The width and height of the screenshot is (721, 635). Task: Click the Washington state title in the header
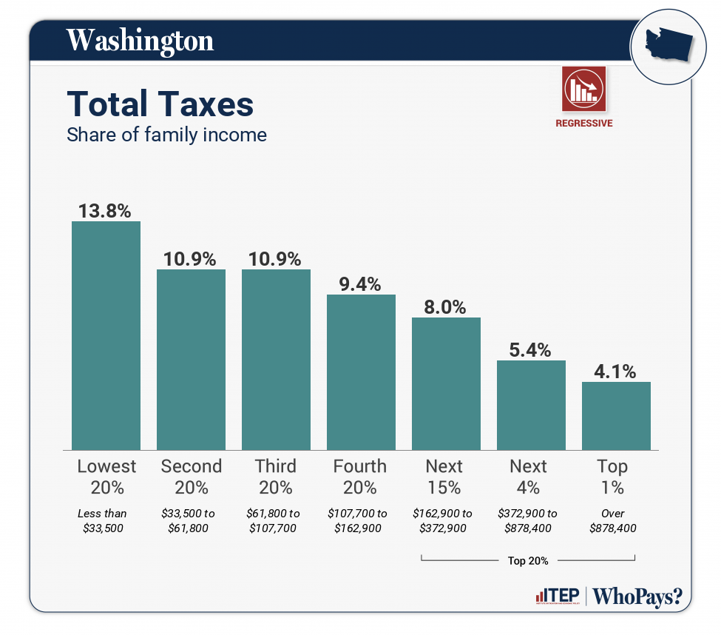[x=140, y=41]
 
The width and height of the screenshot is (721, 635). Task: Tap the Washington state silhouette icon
[x=667, y=47]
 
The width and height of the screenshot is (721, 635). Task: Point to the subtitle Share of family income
[x=166, y=135]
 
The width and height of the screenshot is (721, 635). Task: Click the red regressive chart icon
[x=583, y=88]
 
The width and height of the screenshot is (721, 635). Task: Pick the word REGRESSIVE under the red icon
[x=583, y=124]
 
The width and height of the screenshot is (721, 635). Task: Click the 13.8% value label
[x=105, y=211]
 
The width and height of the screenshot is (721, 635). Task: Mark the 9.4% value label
[x=360, y=284]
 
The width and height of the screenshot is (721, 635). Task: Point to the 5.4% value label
[x=530, y=350]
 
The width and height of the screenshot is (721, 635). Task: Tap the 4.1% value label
[x=615, y=372]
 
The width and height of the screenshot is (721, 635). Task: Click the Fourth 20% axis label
[x=360, y=477]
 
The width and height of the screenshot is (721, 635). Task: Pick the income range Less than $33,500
[x=102, y=520]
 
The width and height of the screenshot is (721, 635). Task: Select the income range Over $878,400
[x=613, y=520]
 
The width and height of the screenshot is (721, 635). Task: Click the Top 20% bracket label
[x=528, y=560]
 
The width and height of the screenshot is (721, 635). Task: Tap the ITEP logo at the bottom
[x=558, y=597]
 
